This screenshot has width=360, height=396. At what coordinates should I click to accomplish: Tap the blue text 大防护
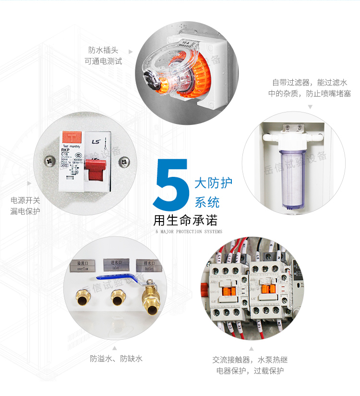213,183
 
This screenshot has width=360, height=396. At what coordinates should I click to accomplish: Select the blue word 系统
207,201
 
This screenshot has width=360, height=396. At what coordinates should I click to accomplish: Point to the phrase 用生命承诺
185,220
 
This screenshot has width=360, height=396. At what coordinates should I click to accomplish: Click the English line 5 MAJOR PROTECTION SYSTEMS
189,232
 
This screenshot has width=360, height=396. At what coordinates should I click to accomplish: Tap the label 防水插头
103,50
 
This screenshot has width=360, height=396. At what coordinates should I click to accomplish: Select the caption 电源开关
25,200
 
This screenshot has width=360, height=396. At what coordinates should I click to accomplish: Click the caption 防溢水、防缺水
116,359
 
